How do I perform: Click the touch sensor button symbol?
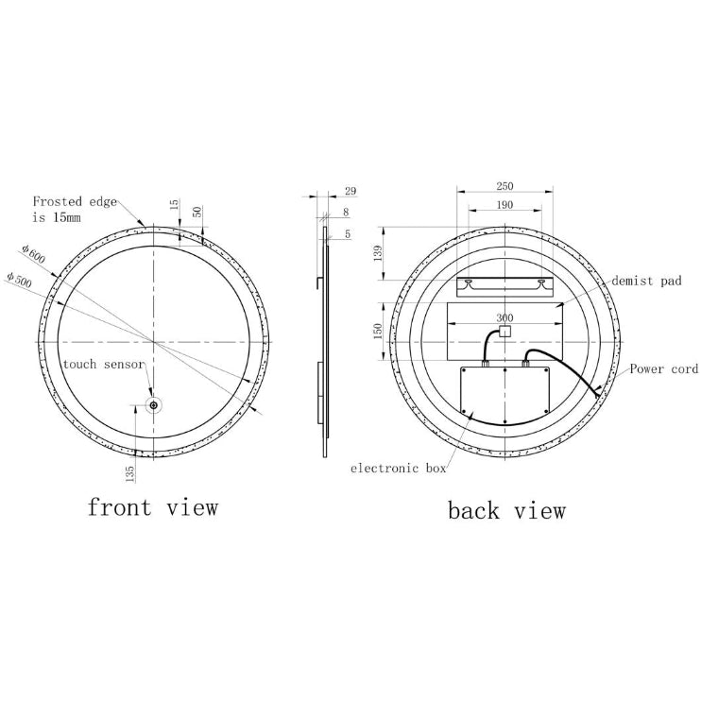(x=154, y=405)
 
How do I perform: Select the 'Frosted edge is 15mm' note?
(x=75, y=209)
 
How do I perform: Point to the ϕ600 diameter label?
(x=32, y=254)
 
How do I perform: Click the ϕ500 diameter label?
(x=18, y=279)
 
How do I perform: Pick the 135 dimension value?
(x=129, y=473)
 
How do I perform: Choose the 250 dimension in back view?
(x=504, y=185)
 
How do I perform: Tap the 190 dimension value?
(x=504, y=205)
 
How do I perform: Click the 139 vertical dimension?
(x=379, y=253)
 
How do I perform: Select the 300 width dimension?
(x=504, y=317)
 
